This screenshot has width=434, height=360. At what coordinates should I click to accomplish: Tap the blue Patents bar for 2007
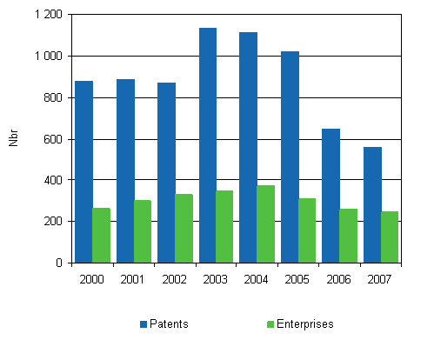(372, 204)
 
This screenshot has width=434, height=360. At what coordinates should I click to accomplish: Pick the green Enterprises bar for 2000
(101, 235)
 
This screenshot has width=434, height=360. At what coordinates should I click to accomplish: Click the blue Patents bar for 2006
(331, 196)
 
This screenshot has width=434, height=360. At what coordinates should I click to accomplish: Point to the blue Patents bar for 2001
(125, 170)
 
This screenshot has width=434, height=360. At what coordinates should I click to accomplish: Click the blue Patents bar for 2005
(290, 157)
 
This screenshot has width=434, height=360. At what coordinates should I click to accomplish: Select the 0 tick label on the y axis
(57, 263)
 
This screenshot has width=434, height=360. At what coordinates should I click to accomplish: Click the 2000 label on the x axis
(91, 278)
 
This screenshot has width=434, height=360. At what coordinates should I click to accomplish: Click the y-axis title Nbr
(14, 139)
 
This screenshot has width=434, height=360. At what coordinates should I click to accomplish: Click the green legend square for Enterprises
(271, 324)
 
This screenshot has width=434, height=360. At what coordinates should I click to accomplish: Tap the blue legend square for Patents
(144, 324)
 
